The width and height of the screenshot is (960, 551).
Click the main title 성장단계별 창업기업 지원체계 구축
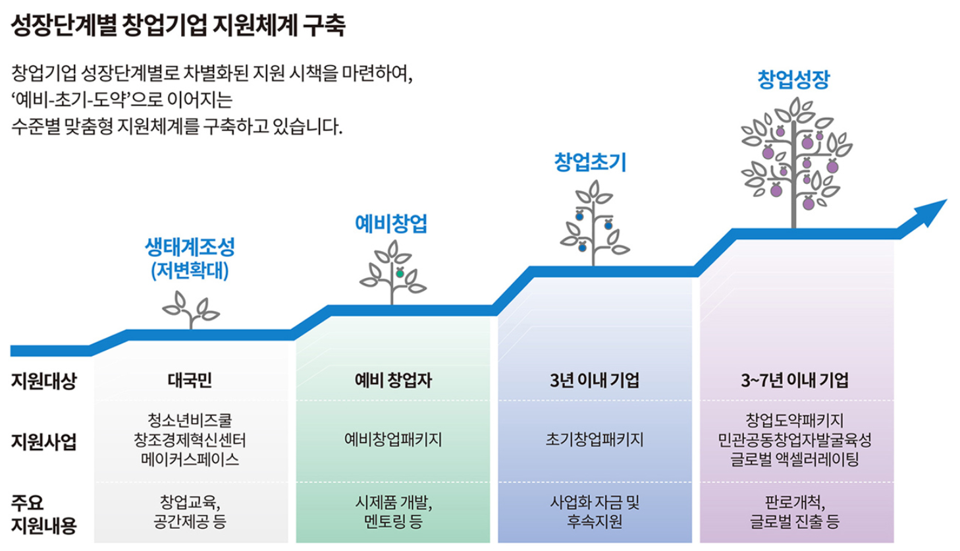click(x=178, y=25)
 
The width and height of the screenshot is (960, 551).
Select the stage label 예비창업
click(x=391, y=223)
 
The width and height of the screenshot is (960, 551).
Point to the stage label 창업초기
click(x=591, y=162)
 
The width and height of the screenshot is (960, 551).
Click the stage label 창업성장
click(x=793, y=80)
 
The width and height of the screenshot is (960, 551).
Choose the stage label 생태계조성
click(x=190, y=247)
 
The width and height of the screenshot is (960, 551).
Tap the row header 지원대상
click(x=43, y=380)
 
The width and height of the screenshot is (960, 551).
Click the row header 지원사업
click(x=43, y=441)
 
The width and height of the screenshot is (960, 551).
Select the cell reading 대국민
click(x=190, y=380)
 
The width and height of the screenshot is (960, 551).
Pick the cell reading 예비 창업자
click(x=393, y=380)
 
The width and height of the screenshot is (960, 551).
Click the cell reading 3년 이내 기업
click(x=595, y=380)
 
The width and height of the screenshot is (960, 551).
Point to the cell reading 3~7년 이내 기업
click(x=795, y=380)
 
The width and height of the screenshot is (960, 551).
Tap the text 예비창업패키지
click(x=393, y=440)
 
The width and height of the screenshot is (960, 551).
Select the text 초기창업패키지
click(x=595, y=440)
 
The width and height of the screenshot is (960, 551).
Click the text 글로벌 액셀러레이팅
click(x=795, y=459)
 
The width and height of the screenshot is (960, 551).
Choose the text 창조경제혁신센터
click(x=190, y=440)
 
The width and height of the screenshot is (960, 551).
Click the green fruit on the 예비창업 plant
click(x=400, y=273)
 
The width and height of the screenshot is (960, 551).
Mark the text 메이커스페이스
click(x=190, y=459)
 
